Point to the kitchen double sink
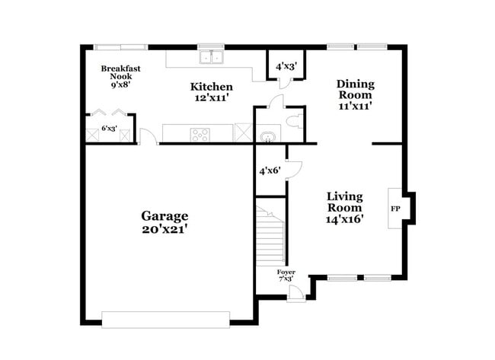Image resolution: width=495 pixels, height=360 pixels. click(x=211, y=57)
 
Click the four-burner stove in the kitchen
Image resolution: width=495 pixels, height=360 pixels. click(x=200, y=135)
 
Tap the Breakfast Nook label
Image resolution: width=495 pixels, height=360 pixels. click(x=121, y=72)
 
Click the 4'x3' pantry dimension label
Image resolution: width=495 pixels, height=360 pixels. click(x=285, y=66)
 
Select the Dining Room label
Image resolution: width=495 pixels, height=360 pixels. click(x=354, y=90)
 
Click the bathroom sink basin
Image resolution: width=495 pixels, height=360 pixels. click(x=267, y=137)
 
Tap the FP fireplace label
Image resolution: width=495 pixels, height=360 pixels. click(x=395, y=208)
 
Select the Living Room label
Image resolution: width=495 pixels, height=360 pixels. click(x=345, y=201)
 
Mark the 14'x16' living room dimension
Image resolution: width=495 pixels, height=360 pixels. click(x=345, y=219)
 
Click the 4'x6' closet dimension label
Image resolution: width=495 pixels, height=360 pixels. click(x=269, y=171)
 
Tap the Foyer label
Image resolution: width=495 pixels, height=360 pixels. click(x=286, y=272)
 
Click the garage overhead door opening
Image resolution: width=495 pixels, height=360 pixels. click(x=165, y=320)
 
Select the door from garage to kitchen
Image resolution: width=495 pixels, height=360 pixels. click(x=149, y=138)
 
